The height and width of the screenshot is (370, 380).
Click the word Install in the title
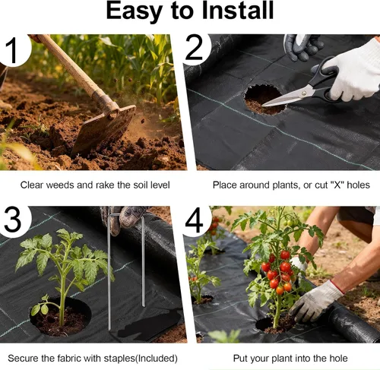238,11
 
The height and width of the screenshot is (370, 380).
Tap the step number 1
11,50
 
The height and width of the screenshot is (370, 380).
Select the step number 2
194,48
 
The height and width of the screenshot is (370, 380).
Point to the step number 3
13,220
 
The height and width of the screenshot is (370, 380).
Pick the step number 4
194,220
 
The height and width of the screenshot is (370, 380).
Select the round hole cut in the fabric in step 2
264,100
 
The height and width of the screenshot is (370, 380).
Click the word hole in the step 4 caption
338,359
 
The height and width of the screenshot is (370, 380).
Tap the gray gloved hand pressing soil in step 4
315,302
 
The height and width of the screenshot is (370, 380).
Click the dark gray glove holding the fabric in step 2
302,47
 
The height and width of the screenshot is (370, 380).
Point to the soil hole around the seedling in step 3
60,318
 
